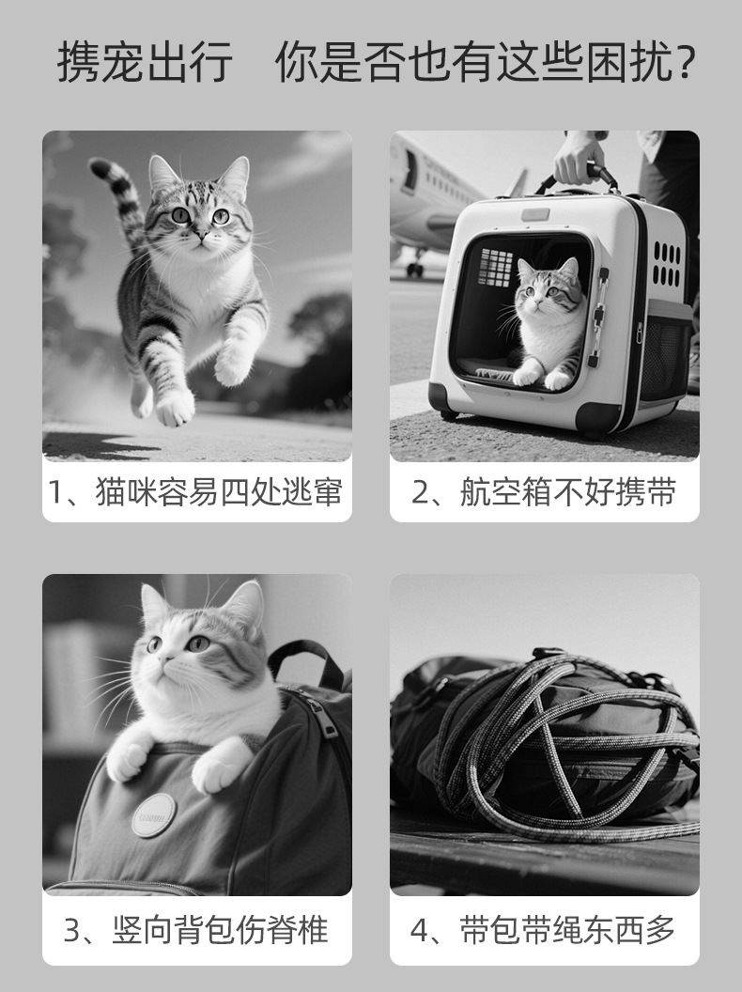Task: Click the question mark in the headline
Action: pyautogui.click(x=685, y=63)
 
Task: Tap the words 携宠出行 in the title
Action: pyautogui.click(x=145, y=62)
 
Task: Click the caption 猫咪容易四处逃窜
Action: pyautogui.click(x=220, y=491)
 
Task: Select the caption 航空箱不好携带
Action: pyautogui.click(x=567, y=491)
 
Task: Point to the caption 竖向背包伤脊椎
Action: pyautogui.click(x=221, y=930)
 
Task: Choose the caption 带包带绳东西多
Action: pyautogui.click(x=567, y=930)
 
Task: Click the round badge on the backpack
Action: pyautogui.click(x=154, y=815)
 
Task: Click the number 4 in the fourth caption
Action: pyautogui.click(x=420, y=931)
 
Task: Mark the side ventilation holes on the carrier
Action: pyautogui.click(x=667, y=264)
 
